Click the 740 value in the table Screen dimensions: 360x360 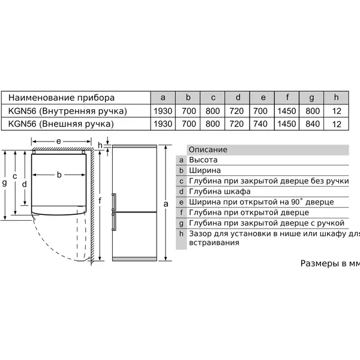pyautogui.click(x=260, y=124)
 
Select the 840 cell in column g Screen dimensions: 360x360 pyautogui.click(x=313, y=124)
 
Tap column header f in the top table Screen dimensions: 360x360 pyautogui.click(x=287, y=97)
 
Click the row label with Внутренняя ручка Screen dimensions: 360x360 pyautogui.click(x=67, y=111)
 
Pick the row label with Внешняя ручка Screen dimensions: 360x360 pyautogui.click(x=61, y=124)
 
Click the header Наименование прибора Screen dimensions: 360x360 pyautogui.click(x=61, y=98)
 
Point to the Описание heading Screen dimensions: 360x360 pyautogui.click(x=208, y=149)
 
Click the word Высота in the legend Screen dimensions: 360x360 pyautogui.click(x=203, y=160)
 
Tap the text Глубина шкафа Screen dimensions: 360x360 pyautogui.click(x=220, y=191)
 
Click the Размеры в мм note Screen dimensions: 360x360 pyautogui.click(x=330, y=263)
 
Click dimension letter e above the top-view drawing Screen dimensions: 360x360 pyautogui.click(x=59, y=141)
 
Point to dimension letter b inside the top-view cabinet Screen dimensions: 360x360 pyautogui.click(x=59, y=175)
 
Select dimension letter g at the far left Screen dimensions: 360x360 pyautogui.click(x=4, y=183)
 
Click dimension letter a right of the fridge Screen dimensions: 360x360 pyautogui.click(x=166, y=203)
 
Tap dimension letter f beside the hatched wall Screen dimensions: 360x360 pyautogui.click(x=100, y=200)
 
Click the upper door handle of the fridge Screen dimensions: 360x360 pyautogui.click(x=113, y=202)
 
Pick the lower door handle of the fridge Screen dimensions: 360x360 pyautogui.click(x=113, y=221)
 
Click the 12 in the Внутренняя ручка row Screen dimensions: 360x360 pyautogui.click(x=337, y=111)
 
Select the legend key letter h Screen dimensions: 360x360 pyautogui.click(x=181, y=234)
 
